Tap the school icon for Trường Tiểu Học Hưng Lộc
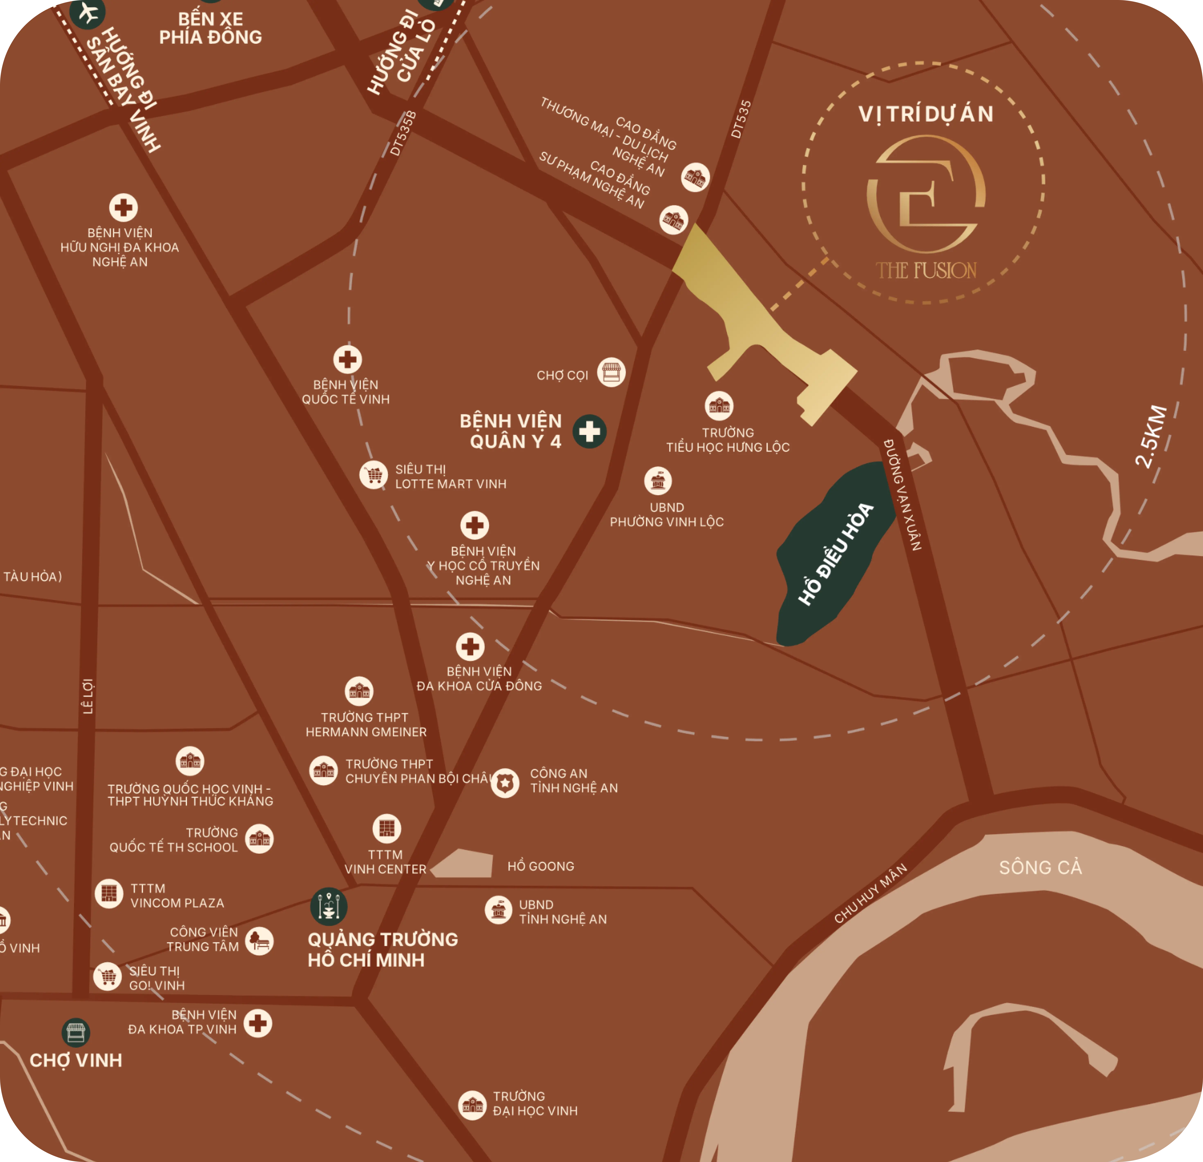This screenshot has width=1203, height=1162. [719, 406]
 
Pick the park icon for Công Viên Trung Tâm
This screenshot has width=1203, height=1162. [259, 940]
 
